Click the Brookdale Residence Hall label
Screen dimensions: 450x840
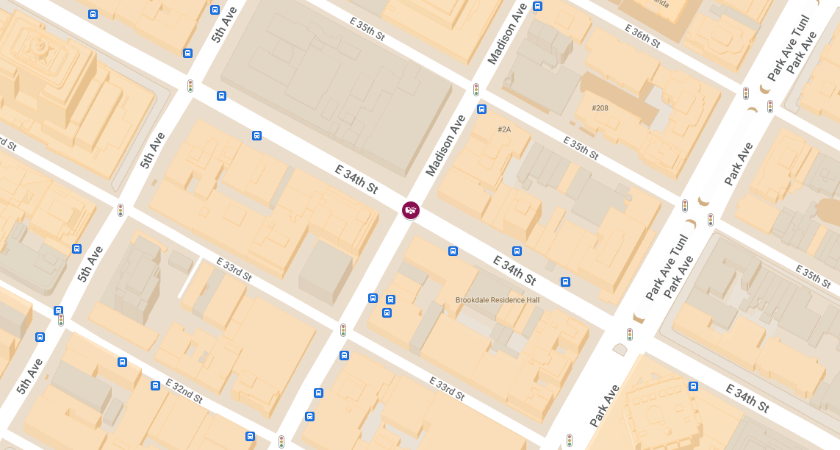(x=498, y=300)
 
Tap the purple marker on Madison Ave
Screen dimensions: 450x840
(x=411, y=210)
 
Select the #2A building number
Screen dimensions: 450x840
(x=504, y=129)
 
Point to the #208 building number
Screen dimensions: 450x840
(x=600, y=108)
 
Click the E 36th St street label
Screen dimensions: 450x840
(x=642, y=36)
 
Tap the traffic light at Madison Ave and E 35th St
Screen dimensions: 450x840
(x=476, y=90)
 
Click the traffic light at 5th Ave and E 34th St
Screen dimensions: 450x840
(x=190, y=85)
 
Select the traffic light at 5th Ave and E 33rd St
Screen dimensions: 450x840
(x=121, y=210)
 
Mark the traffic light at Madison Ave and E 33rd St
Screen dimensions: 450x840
(x=343, y=330)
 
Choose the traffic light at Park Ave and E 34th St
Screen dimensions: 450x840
(x=630, y=335)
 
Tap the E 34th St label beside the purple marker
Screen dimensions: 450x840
(x=356, y=179)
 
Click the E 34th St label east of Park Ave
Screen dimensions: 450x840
(x=747, y=398)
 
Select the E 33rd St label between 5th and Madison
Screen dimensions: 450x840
(x=234, y=269)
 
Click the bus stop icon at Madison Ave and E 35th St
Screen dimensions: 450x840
(x=482, y=110)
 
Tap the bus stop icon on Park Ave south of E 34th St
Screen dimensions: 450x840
(x=693, y=386)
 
